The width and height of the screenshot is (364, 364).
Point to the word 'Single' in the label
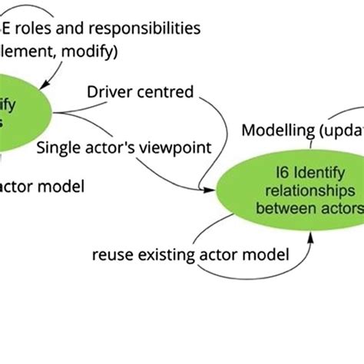point(58,147)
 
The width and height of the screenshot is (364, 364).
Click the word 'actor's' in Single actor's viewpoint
point(111,147)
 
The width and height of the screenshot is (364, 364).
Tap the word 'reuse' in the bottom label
point(113,254)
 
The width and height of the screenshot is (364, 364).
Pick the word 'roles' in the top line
point(41,28)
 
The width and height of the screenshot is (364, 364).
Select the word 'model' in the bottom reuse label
point(269,254)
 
